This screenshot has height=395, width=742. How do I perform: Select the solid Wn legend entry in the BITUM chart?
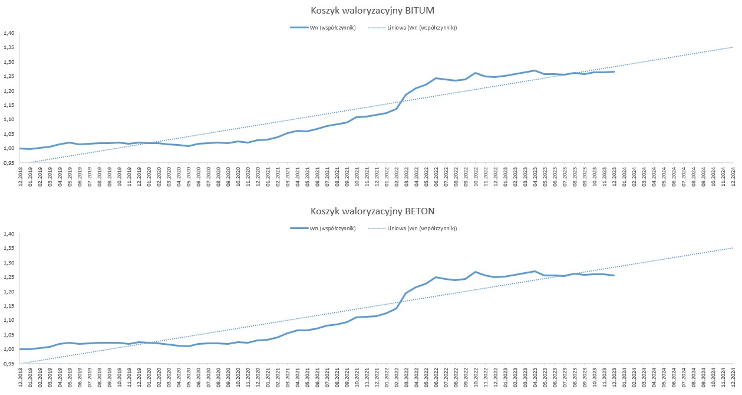(323, 28)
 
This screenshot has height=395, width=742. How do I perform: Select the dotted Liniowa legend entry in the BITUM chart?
(413, 28)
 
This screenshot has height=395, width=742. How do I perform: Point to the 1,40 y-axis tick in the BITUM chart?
(8, 33)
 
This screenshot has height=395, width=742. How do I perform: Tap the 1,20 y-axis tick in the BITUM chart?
(8, 90)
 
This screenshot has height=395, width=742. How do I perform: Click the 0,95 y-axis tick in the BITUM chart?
(8, 162)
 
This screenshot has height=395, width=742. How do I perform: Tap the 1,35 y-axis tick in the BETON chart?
(8, 249)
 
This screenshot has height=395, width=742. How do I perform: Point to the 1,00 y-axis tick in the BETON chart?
(8, 350)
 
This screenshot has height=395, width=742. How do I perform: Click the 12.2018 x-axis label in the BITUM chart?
(21, 177)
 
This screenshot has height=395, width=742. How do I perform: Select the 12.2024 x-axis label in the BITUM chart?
(733, 177)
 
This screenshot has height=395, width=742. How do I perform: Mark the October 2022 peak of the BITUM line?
(476, 73)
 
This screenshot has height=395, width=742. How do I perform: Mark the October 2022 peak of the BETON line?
(476, 272)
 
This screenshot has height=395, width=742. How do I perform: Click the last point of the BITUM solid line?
(614, 71)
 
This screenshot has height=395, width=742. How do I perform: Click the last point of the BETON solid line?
(614, 276)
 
